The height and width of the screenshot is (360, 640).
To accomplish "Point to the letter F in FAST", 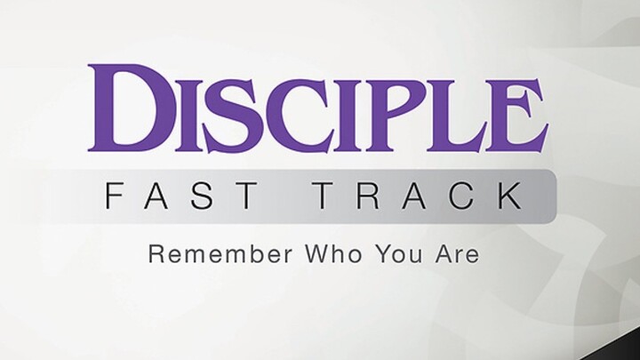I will pos(114,196).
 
